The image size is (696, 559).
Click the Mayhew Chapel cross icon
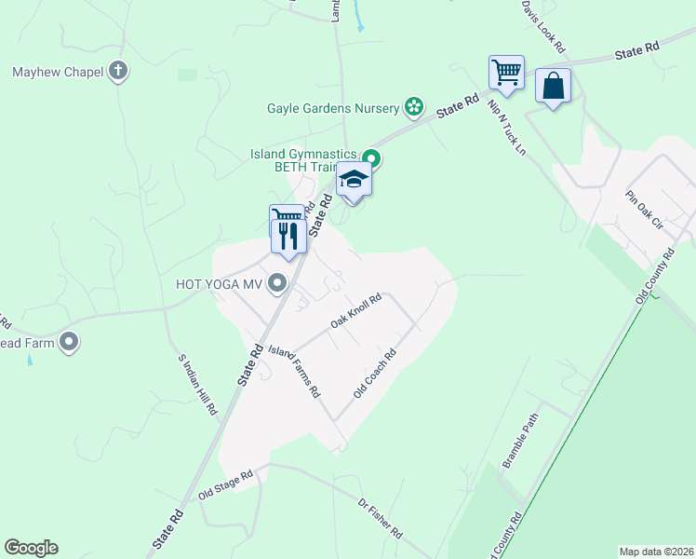118,71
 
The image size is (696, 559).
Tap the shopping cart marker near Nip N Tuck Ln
506,73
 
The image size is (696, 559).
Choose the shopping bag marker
554,86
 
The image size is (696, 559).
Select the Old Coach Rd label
375,374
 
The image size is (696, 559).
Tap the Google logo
31,548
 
